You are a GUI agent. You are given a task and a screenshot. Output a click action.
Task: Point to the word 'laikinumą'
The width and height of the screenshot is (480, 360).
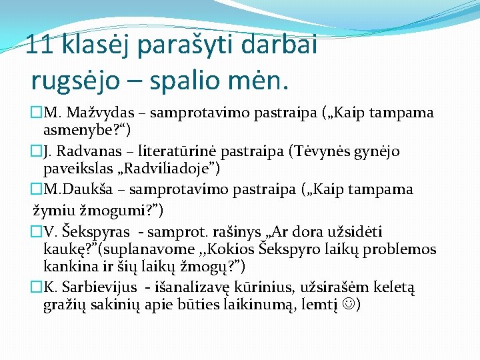pyautogui.click(x=264, y=306)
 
